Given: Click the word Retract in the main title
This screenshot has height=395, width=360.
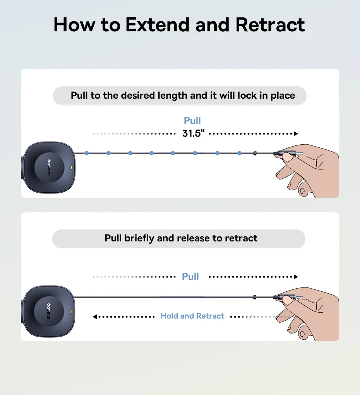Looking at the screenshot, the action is click(x=270, y=25).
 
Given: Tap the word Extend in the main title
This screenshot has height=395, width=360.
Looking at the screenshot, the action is click(x=157, y=25).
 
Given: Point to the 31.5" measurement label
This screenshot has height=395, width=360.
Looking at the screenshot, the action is click(x=194, y=133).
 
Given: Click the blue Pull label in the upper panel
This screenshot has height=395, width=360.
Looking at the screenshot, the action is click(x=192, y=121).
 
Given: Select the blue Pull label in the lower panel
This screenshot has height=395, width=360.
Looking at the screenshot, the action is click(x=190, y=276).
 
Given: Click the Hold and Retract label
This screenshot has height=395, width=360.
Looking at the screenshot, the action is click(x=192, y=316).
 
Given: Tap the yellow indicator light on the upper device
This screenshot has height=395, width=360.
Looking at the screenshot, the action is click(x=71, y=167).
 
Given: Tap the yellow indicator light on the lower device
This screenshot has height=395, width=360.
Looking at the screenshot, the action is click(x=71, y=311).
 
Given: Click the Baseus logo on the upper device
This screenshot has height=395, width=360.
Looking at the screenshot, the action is click(x=49, y=167).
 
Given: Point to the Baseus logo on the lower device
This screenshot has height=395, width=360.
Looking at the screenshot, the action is click(x=49, y=311).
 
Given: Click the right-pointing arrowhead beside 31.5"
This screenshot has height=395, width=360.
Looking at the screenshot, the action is click(x=296, y=133).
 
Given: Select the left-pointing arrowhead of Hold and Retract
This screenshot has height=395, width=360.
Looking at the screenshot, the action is click(x=95, y=316).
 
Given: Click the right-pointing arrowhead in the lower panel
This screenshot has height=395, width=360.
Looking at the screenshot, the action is click(x=296, y=277).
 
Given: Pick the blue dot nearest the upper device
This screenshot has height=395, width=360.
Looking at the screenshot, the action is click(x=86, y=153).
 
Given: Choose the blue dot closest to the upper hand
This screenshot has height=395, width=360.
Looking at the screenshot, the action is click(x=240, y=153).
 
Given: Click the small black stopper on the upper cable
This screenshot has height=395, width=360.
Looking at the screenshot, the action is click(x=255, y=153).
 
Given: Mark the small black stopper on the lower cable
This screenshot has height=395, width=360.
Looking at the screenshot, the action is click(x=254, y=297).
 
